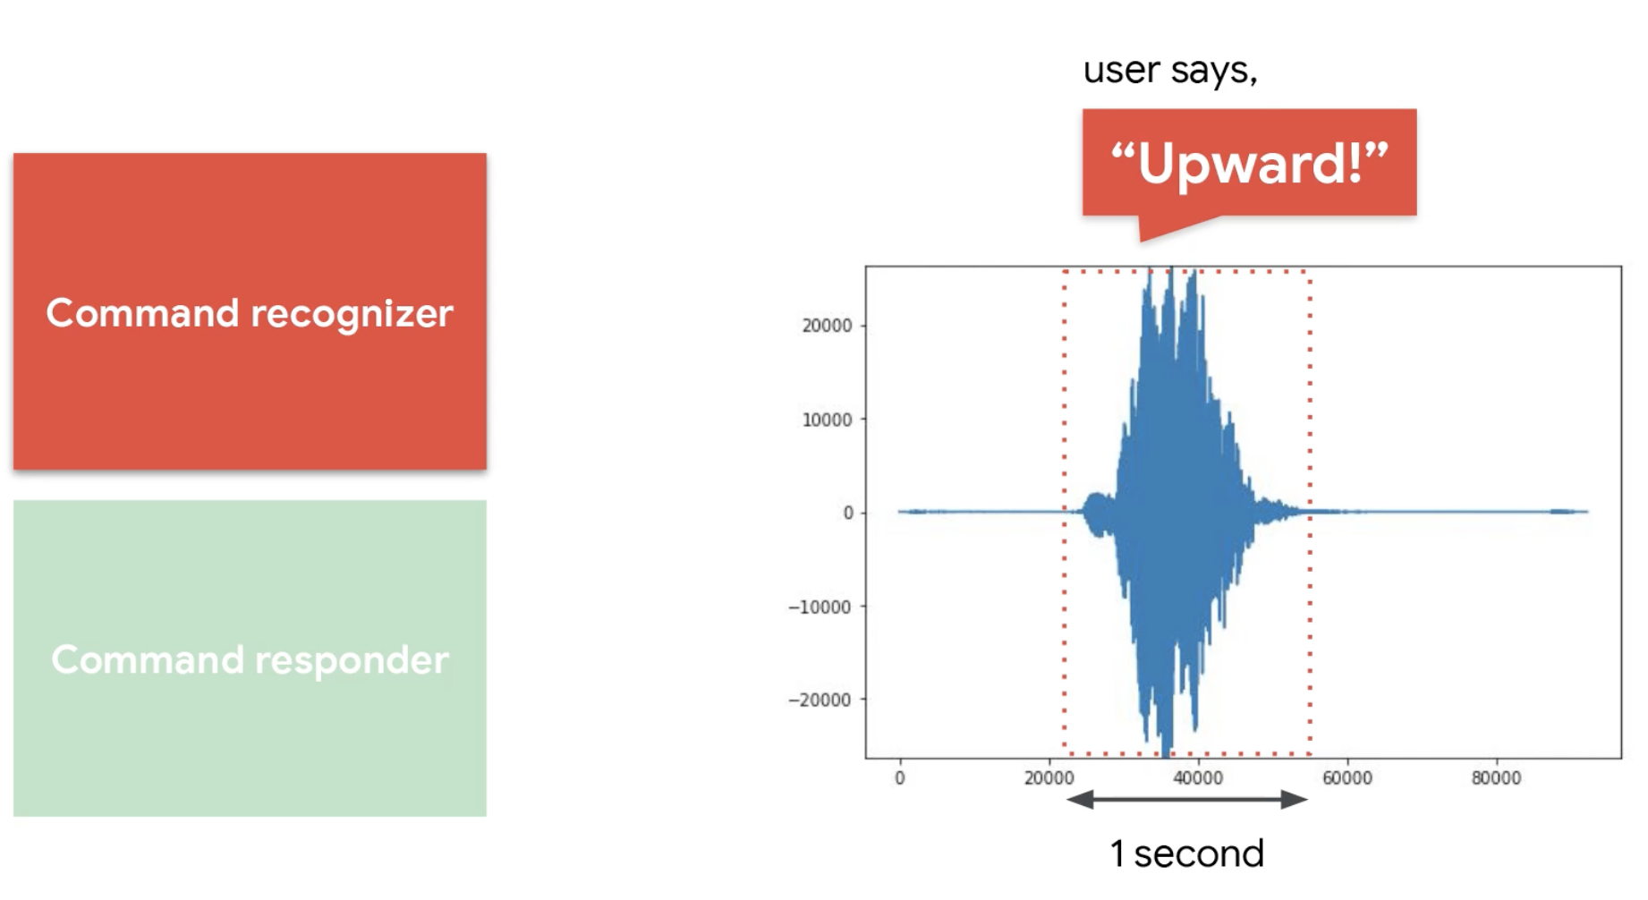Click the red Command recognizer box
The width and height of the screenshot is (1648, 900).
(x=250, y=311)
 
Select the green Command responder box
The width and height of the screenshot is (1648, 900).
(x=250, y=658)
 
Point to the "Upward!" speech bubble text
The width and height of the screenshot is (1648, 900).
(x=1250, y=164)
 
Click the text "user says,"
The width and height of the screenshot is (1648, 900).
(x=1170, y=71)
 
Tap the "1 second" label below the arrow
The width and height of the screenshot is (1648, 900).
(x=1186, y=853)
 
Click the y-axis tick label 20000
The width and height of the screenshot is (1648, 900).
(x=827, y=326)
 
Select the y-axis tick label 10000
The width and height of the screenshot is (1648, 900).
(x=827, y=420)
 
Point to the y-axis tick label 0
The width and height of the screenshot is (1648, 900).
(x=848, y=513)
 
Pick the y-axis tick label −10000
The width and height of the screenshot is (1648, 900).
(x=820, y=607)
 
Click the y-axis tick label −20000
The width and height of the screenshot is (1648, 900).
(x=820, y=700)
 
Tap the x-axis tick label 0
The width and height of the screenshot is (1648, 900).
(x=900, y=778)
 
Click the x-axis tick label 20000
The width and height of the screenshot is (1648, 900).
(x=1049, y=778)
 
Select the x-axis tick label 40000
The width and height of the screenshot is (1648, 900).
(x=1198, y=778)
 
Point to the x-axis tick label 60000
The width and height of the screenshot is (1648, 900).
(x=1347, y=778)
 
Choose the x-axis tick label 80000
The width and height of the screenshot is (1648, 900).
(x=1497, y=778)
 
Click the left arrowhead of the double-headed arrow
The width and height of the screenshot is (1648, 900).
(x=1079, y=799)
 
